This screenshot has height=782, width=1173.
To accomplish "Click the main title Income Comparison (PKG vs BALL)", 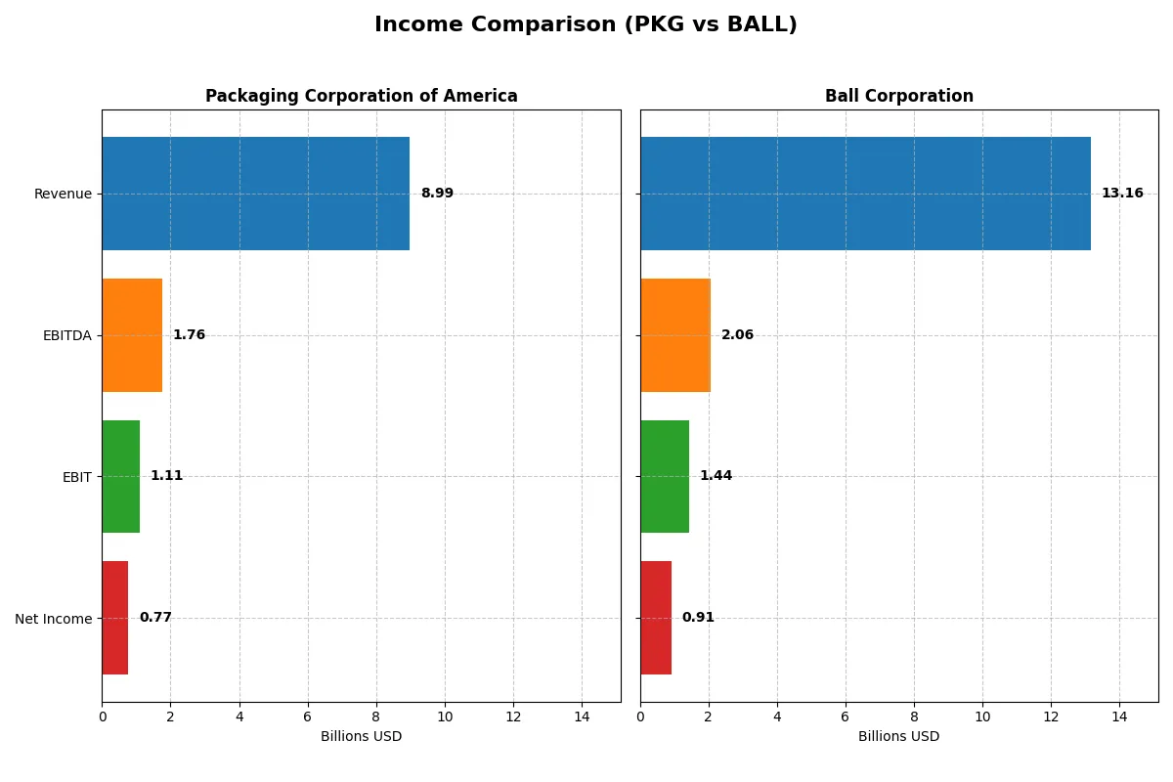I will [586, 25].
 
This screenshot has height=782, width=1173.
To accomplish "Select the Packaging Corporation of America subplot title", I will [361, 97].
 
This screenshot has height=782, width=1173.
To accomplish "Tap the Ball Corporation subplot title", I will [898, 97].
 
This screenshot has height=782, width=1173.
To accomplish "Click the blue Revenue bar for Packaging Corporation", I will [255, 194].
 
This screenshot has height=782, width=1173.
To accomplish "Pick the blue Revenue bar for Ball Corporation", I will [865, 194].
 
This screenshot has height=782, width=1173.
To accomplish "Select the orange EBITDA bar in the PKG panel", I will [132, 335].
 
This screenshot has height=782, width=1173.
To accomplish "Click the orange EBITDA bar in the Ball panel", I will [675, 335].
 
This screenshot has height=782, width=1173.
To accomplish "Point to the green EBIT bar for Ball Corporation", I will [665, 477].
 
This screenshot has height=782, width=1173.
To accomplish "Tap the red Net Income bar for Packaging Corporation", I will [115, 618].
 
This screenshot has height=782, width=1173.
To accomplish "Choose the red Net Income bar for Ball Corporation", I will [656, 618].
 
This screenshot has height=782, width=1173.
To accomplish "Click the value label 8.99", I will [437, 194].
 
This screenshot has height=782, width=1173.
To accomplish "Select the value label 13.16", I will [1122, 194].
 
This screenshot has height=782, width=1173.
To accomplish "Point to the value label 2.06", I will [737, 335].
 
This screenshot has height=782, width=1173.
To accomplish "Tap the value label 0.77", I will [155, 618].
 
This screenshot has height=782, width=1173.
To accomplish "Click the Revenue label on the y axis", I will [63, 194].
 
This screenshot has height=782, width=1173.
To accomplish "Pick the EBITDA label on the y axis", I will [66, 335].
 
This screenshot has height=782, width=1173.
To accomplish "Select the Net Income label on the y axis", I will [54, 619].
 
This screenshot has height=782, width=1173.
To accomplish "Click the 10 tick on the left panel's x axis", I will [445, 716].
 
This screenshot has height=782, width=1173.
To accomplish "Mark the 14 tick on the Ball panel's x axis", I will [1119, 716].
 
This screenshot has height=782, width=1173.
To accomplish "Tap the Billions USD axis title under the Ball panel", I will [898, 737].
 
